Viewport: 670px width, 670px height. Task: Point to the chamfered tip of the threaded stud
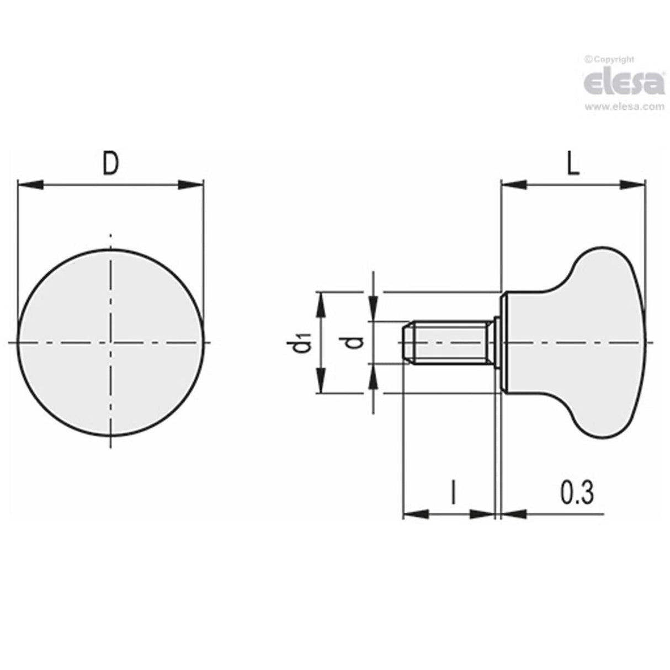coord(407,343)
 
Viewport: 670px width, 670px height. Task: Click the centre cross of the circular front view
coord(111,343)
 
